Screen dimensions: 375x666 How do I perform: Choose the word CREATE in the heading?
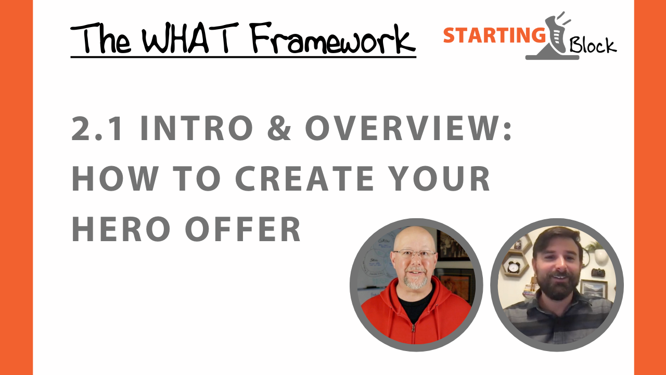click(304, 179)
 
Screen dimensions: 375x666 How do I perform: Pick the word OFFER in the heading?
click(244, 229)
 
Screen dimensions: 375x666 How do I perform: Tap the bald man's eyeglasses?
click(415, 255)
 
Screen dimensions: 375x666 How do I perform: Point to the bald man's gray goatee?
click(415, 281)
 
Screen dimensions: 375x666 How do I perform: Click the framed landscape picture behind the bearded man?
click(593, 289)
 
